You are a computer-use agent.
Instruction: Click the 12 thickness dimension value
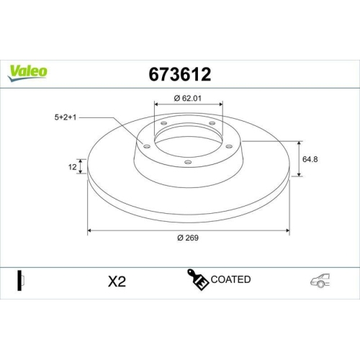[73, 166]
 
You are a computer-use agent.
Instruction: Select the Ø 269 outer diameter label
[189, 239]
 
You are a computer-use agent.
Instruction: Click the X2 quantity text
[115, 281]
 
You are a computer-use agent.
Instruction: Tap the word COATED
[230, 279]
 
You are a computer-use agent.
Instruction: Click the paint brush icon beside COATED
[198, 280]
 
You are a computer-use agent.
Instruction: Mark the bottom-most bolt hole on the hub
[188, 162]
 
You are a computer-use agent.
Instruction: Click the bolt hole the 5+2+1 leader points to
[147, 147]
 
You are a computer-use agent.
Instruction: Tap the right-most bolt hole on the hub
[230, 148]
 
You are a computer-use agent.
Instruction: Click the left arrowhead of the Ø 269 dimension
[90, 231]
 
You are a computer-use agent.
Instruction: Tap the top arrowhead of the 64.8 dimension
[299, 142]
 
